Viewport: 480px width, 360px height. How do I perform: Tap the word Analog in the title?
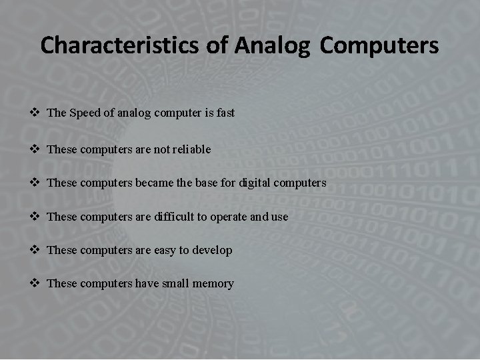pos(272,45)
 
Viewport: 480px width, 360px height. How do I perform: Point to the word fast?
pos(225,113)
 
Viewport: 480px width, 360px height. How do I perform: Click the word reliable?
pos(192,149)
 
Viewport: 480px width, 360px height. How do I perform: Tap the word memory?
pos(213,284)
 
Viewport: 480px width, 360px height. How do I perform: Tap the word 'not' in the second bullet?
pos(162,149)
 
